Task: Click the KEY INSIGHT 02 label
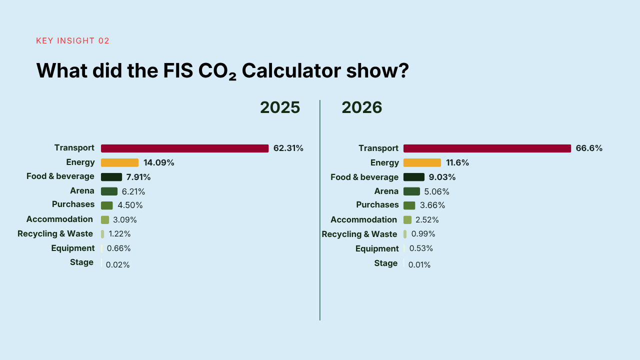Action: (72, 41)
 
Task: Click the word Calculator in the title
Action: (291, 70)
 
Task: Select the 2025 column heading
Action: (280, 107)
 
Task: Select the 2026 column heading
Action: (361, 107)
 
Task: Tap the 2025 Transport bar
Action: (185, 148)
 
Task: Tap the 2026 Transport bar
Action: (487, 148)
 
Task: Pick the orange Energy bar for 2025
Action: (119, 162)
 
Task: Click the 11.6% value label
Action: (457, 162)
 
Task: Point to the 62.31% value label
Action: (288, 148)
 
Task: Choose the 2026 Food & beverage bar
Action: (413, 177)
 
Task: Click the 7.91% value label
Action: (138, 177)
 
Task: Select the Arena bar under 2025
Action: (109, 191)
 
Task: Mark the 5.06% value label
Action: (436, 191)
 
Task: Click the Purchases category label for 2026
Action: (377, 205)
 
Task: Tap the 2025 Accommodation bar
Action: (105, 219)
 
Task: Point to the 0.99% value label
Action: (423, 234)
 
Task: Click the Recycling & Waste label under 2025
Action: (55, 233)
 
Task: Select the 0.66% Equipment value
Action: (118, 248)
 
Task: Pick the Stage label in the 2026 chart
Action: (385, 263)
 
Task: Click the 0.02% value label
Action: (117, 265)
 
